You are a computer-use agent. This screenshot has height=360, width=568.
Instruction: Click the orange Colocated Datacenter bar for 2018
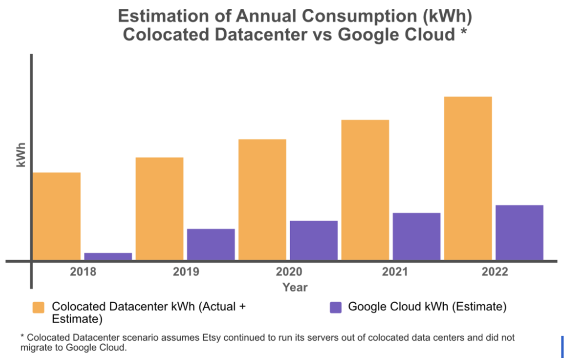coord(57,216)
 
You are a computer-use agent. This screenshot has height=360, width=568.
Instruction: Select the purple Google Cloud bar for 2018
coord(108,256)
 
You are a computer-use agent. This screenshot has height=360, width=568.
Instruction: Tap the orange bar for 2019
coord(160,209)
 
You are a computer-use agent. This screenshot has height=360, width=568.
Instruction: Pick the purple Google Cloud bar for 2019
coord(211,244)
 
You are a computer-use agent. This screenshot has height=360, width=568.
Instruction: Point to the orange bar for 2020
coord(262,199)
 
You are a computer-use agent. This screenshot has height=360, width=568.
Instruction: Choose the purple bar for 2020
coord(313,240)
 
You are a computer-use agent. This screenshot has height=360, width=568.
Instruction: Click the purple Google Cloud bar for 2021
coord(417,236)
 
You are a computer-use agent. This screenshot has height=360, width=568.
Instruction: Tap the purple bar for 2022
coord(519,232)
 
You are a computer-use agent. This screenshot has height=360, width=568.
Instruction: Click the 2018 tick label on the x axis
coord(83,272)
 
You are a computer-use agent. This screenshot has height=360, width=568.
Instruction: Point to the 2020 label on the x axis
coord(289,272)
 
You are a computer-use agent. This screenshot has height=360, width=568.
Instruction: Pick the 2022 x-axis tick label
coord(495,272)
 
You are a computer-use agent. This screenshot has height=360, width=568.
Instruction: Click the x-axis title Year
coord(295,287)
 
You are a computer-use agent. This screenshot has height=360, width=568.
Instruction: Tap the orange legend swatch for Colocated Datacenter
coord(38,308)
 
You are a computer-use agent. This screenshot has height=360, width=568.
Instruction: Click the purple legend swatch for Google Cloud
coord(335,308)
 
